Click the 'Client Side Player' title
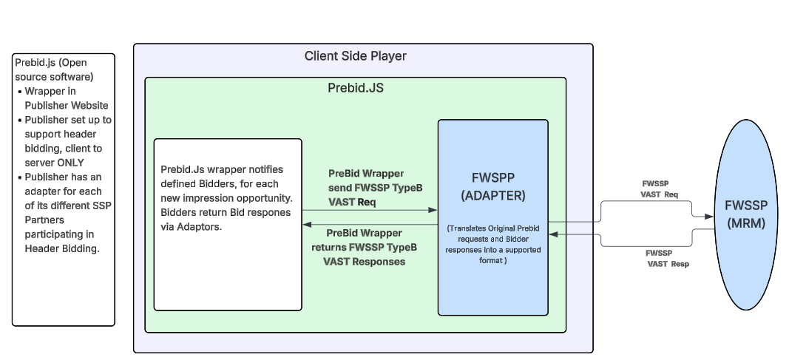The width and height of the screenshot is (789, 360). tap(355, 56)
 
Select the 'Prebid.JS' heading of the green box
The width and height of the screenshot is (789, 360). tap(355, 88)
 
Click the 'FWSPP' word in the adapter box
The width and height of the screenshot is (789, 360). tap(492, 179)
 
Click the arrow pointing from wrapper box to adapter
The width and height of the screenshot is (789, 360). tap(370, 211)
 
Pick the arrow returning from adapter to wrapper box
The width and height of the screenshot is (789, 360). tap(370, 224)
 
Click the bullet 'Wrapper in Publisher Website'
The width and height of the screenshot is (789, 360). tap(66, 98)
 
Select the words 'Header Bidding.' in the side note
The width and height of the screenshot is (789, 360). tap(62, 249)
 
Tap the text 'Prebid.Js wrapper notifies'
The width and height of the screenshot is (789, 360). tap(221, 169)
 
